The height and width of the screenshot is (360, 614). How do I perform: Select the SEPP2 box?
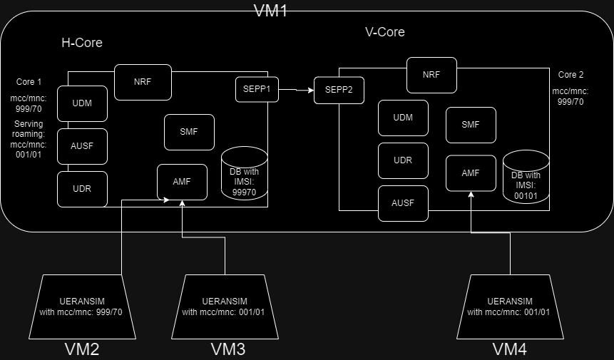point(339,90)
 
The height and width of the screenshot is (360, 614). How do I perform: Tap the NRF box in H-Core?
point(143,82)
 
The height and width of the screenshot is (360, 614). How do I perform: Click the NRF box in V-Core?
point(431,75)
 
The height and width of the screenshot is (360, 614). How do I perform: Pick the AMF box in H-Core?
point(182,182)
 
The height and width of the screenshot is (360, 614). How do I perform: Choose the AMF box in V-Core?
point(471,173)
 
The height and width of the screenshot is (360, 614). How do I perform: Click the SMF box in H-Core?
point(189,132)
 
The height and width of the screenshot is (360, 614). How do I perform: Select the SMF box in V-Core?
point(471,125)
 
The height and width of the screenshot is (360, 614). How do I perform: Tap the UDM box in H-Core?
point(82,103)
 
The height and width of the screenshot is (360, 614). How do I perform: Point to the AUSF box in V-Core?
point(403,203)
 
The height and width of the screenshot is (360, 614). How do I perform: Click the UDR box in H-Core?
point(82,189)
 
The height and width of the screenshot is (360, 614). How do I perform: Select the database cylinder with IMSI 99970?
point(244,175)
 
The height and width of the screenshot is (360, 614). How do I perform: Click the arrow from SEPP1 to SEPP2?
point(296,90)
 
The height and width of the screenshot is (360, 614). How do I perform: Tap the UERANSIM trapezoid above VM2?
point(85,307)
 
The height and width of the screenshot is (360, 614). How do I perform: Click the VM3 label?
point(228,349)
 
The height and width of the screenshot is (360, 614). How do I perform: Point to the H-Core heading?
point(82,43)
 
